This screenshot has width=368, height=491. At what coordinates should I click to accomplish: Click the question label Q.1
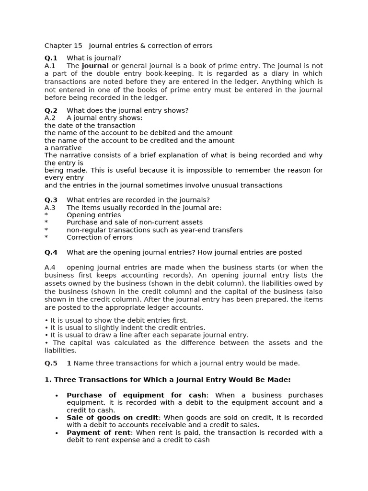[x=51, y=58]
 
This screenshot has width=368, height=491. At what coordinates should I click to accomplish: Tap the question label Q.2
[x=51, y=110]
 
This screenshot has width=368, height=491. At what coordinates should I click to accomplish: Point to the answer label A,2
[x=50, y=118]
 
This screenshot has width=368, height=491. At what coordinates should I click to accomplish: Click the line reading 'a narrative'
[x=63, y=148]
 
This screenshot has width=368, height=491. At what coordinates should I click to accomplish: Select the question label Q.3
[x=51, y=200]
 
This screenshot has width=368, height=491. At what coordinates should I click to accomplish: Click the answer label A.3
[x=50, y=208]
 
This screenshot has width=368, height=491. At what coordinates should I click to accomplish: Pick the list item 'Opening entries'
[x=93, y=215]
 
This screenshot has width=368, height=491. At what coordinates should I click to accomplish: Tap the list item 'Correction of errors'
[x=99, y=237]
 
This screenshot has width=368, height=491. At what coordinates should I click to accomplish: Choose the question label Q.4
[x=51, y=252]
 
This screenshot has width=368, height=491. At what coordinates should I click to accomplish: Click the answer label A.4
[x=50, y=268]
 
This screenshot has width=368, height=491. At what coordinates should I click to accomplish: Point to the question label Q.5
[x=51, y=363]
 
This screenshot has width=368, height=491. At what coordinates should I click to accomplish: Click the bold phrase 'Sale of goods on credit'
[x=112, y=418]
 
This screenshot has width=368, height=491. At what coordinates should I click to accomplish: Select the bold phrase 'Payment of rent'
[x=98, y=433]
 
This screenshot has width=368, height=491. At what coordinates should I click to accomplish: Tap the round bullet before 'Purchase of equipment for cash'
[x=57, y=396]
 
